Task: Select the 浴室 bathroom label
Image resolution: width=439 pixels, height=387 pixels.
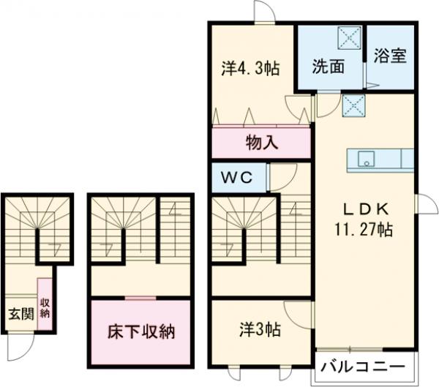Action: coord(391,57)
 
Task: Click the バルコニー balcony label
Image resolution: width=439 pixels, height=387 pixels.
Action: coord(364,366)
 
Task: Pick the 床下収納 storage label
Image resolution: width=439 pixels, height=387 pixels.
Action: coord(141,332)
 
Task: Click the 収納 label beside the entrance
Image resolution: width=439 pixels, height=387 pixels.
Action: coord(45,307)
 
